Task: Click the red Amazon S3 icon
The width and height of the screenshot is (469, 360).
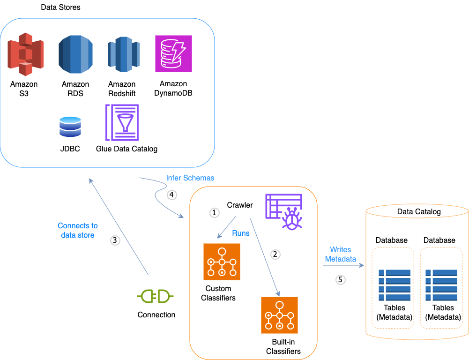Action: (x=25, y=54)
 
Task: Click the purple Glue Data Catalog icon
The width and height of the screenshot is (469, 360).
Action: (x=122, y=122)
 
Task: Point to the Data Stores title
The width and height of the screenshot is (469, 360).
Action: (x=60, y=7)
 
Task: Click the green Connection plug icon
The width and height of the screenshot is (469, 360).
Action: (x=156, y=296)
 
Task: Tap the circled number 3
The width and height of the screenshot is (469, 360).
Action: (x=115, y=240)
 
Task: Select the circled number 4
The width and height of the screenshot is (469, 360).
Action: (x=171, y=195)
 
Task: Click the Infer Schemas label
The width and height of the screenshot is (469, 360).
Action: (x=190, y=178)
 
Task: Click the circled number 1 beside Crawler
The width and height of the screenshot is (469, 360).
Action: (x=214, y=212)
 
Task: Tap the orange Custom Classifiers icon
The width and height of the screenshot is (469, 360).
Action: (x=222, y=262)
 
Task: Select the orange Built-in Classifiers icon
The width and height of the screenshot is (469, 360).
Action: (x=279, y=315)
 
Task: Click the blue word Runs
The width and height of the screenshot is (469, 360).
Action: (x=241, y=233)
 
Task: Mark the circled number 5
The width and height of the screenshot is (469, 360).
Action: (x=341, y=280)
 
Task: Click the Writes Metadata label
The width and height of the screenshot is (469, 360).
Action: (x=340, y=254)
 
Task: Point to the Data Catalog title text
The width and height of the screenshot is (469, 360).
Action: (x=419, y=212)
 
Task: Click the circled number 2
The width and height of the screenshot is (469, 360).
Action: (x=275, y=254)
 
